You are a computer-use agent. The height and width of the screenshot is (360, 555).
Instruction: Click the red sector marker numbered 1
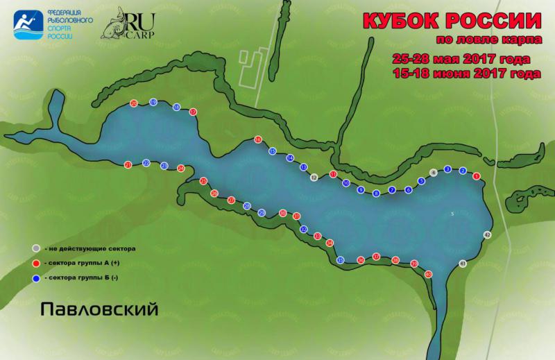pyautogui.click(x=477, y=176)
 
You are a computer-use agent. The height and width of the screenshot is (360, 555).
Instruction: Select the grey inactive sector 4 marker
pyautogui.click(x=434, y=172)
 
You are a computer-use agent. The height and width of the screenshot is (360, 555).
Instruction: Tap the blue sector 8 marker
pyautogui.click(x=376, y=194)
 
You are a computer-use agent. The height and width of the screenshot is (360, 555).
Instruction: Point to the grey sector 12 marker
pyautogui.click(x=314, y=178)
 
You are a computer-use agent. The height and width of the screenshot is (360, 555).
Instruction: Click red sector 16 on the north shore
pyautogui.click(x=258, y=139)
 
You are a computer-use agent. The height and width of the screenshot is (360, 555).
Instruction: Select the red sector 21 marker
pyautogui.click(x=128, y=164)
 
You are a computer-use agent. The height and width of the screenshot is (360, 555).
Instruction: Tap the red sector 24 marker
pyautogui.click(x=181, y=168)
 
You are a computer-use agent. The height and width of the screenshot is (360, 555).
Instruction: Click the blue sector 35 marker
pyautogui.click(x=340, y=260)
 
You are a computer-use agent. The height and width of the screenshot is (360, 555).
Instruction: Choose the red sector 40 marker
pyautogui.click(x=429, y=274)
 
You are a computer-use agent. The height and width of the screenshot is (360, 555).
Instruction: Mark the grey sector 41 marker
pyautogui.click(x=463, y=264)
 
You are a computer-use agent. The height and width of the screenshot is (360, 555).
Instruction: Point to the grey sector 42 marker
pyautogui.click(x=487, y=235)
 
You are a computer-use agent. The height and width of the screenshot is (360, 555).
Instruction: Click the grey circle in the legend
pyautogui.click(x=35, y=248)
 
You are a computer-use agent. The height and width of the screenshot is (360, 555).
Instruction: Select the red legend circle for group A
pyautogui.click(x=35, y=264)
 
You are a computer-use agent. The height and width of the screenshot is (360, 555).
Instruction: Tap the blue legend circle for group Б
pyautogui.click(x=35, y=280)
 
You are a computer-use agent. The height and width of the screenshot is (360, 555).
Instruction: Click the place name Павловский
pyautogui.click(x=99, y=307)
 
